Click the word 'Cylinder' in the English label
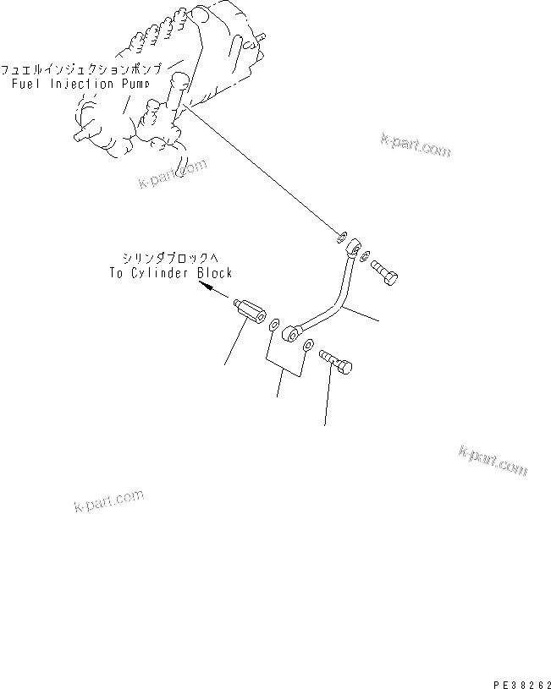coord(164,273)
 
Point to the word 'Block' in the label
coord(214,273)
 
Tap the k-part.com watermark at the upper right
coord(415,145)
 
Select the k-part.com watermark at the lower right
coord(493,461)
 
